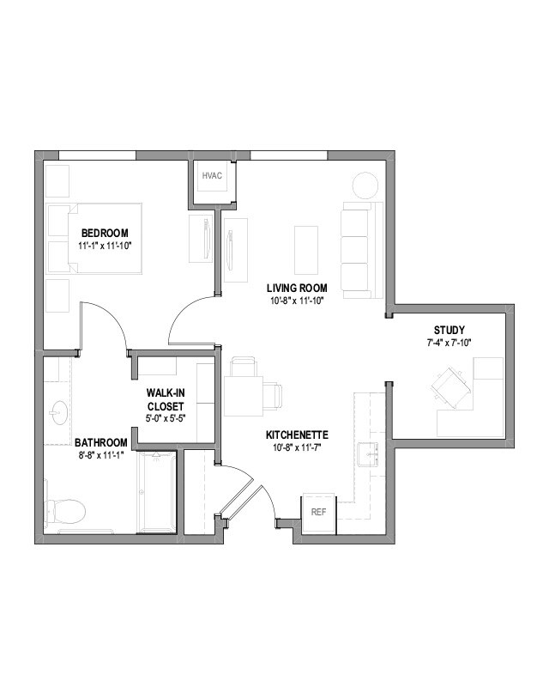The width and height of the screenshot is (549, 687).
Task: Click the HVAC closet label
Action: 212,176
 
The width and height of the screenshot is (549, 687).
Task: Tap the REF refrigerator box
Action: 318,513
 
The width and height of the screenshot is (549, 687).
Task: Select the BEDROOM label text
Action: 105,233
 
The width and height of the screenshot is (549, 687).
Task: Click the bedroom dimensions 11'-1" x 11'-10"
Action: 105,246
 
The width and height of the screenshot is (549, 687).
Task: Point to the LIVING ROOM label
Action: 294,287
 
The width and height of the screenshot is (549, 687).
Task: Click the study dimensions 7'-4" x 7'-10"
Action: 449,342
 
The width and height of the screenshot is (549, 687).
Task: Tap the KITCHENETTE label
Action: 297,435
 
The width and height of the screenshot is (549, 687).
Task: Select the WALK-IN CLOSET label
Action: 166,399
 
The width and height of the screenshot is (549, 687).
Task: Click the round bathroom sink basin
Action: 58,412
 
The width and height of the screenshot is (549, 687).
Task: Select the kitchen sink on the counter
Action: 370,452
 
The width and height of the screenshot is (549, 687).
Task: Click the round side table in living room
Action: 365,185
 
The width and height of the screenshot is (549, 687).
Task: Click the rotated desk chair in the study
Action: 450,384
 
